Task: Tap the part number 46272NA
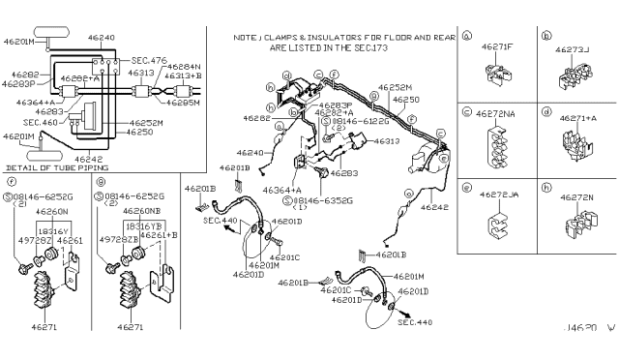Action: tap(499, 114)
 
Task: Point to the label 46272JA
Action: tap(498, 195)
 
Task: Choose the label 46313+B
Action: tap(183, 75)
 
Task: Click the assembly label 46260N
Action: tap(52, 210)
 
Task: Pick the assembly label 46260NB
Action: tap(140, 210)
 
